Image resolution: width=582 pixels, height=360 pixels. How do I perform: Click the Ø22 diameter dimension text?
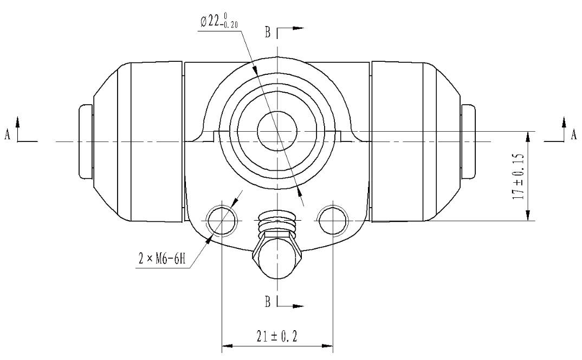[x=218, y=22]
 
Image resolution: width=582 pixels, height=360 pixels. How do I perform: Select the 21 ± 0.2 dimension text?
[x=277, y=337]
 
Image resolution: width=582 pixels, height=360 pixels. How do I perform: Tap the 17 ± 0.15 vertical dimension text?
[x=518, y=176]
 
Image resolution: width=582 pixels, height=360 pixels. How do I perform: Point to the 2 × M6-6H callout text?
[x=162, y=259]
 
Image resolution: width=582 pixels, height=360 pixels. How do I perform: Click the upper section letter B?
[x=268, y=33]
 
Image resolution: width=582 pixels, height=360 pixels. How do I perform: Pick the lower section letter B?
[x=268, y=301]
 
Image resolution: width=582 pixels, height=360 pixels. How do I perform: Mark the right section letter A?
[x=574, y=134]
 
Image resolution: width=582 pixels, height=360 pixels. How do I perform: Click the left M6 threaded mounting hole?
[x=222, y=221]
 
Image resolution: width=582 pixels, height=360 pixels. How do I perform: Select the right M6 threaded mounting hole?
[x=333, y=221]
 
